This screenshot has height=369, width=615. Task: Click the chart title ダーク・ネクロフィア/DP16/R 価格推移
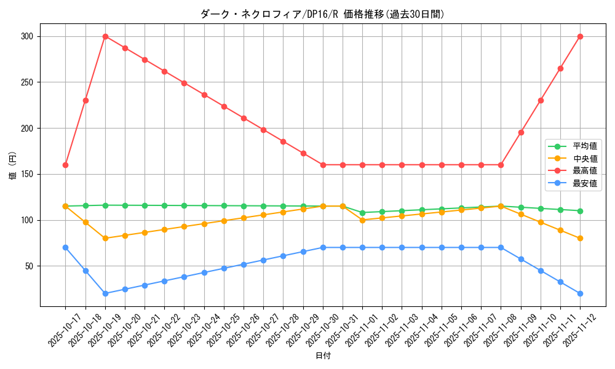322,14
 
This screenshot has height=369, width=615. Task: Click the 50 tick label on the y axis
29,266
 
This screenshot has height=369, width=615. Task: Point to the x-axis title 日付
322,356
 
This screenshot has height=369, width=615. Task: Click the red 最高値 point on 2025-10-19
105,36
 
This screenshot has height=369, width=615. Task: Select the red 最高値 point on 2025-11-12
580,36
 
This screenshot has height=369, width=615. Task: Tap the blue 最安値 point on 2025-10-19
105,293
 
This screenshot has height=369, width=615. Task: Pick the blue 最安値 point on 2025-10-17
65,247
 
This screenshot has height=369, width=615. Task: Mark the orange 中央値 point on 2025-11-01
362,220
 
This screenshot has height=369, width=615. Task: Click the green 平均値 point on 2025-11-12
580,211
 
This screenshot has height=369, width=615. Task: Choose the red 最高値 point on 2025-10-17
65,165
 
